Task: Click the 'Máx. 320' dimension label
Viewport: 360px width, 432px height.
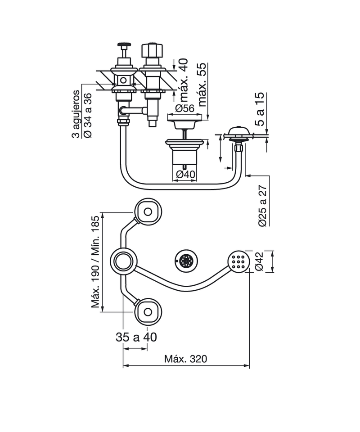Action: pyautogui.click(x=185, y=359)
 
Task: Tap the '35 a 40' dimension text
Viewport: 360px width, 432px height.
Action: pyautogui.click(x=136, y=337)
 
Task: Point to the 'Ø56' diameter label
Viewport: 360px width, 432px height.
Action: pyautogui.click(x=184, y=108)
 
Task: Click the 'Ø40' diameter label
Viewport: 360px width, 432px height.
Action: pyautogui.click(x=185, y=174)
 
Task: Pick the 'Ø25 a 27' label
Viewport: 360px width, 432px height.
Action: pyautogui.click(x=262, y=206)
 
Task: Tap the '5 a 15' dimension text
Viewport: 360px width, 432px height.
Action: pyautogui.click(x=259, y=109)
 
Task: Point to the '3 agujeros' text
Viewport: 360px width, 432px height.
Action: pyautogui.click(x=76, y=114)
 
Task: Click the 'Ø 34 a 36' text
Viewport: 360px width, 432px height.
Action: pyautogui.click(x=88, y=116)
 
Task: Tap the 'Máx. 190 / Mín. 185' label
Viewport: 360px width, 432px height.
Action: pyautogui.click(x=95, y=262)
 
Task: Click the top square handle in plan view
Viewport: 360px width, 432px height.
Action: pyautogui.click(x=148, y=211)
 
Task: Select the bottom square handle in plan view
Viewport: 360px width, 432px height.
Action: pyautogui.click(x=148, y=312)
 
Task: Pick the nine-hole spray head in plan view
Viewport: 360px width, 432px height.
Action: pyautogui.click(x=239, y=261)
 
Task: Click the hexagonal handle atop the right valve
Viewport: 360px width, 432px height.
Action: pyautogui.click(x=149, y=49)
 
